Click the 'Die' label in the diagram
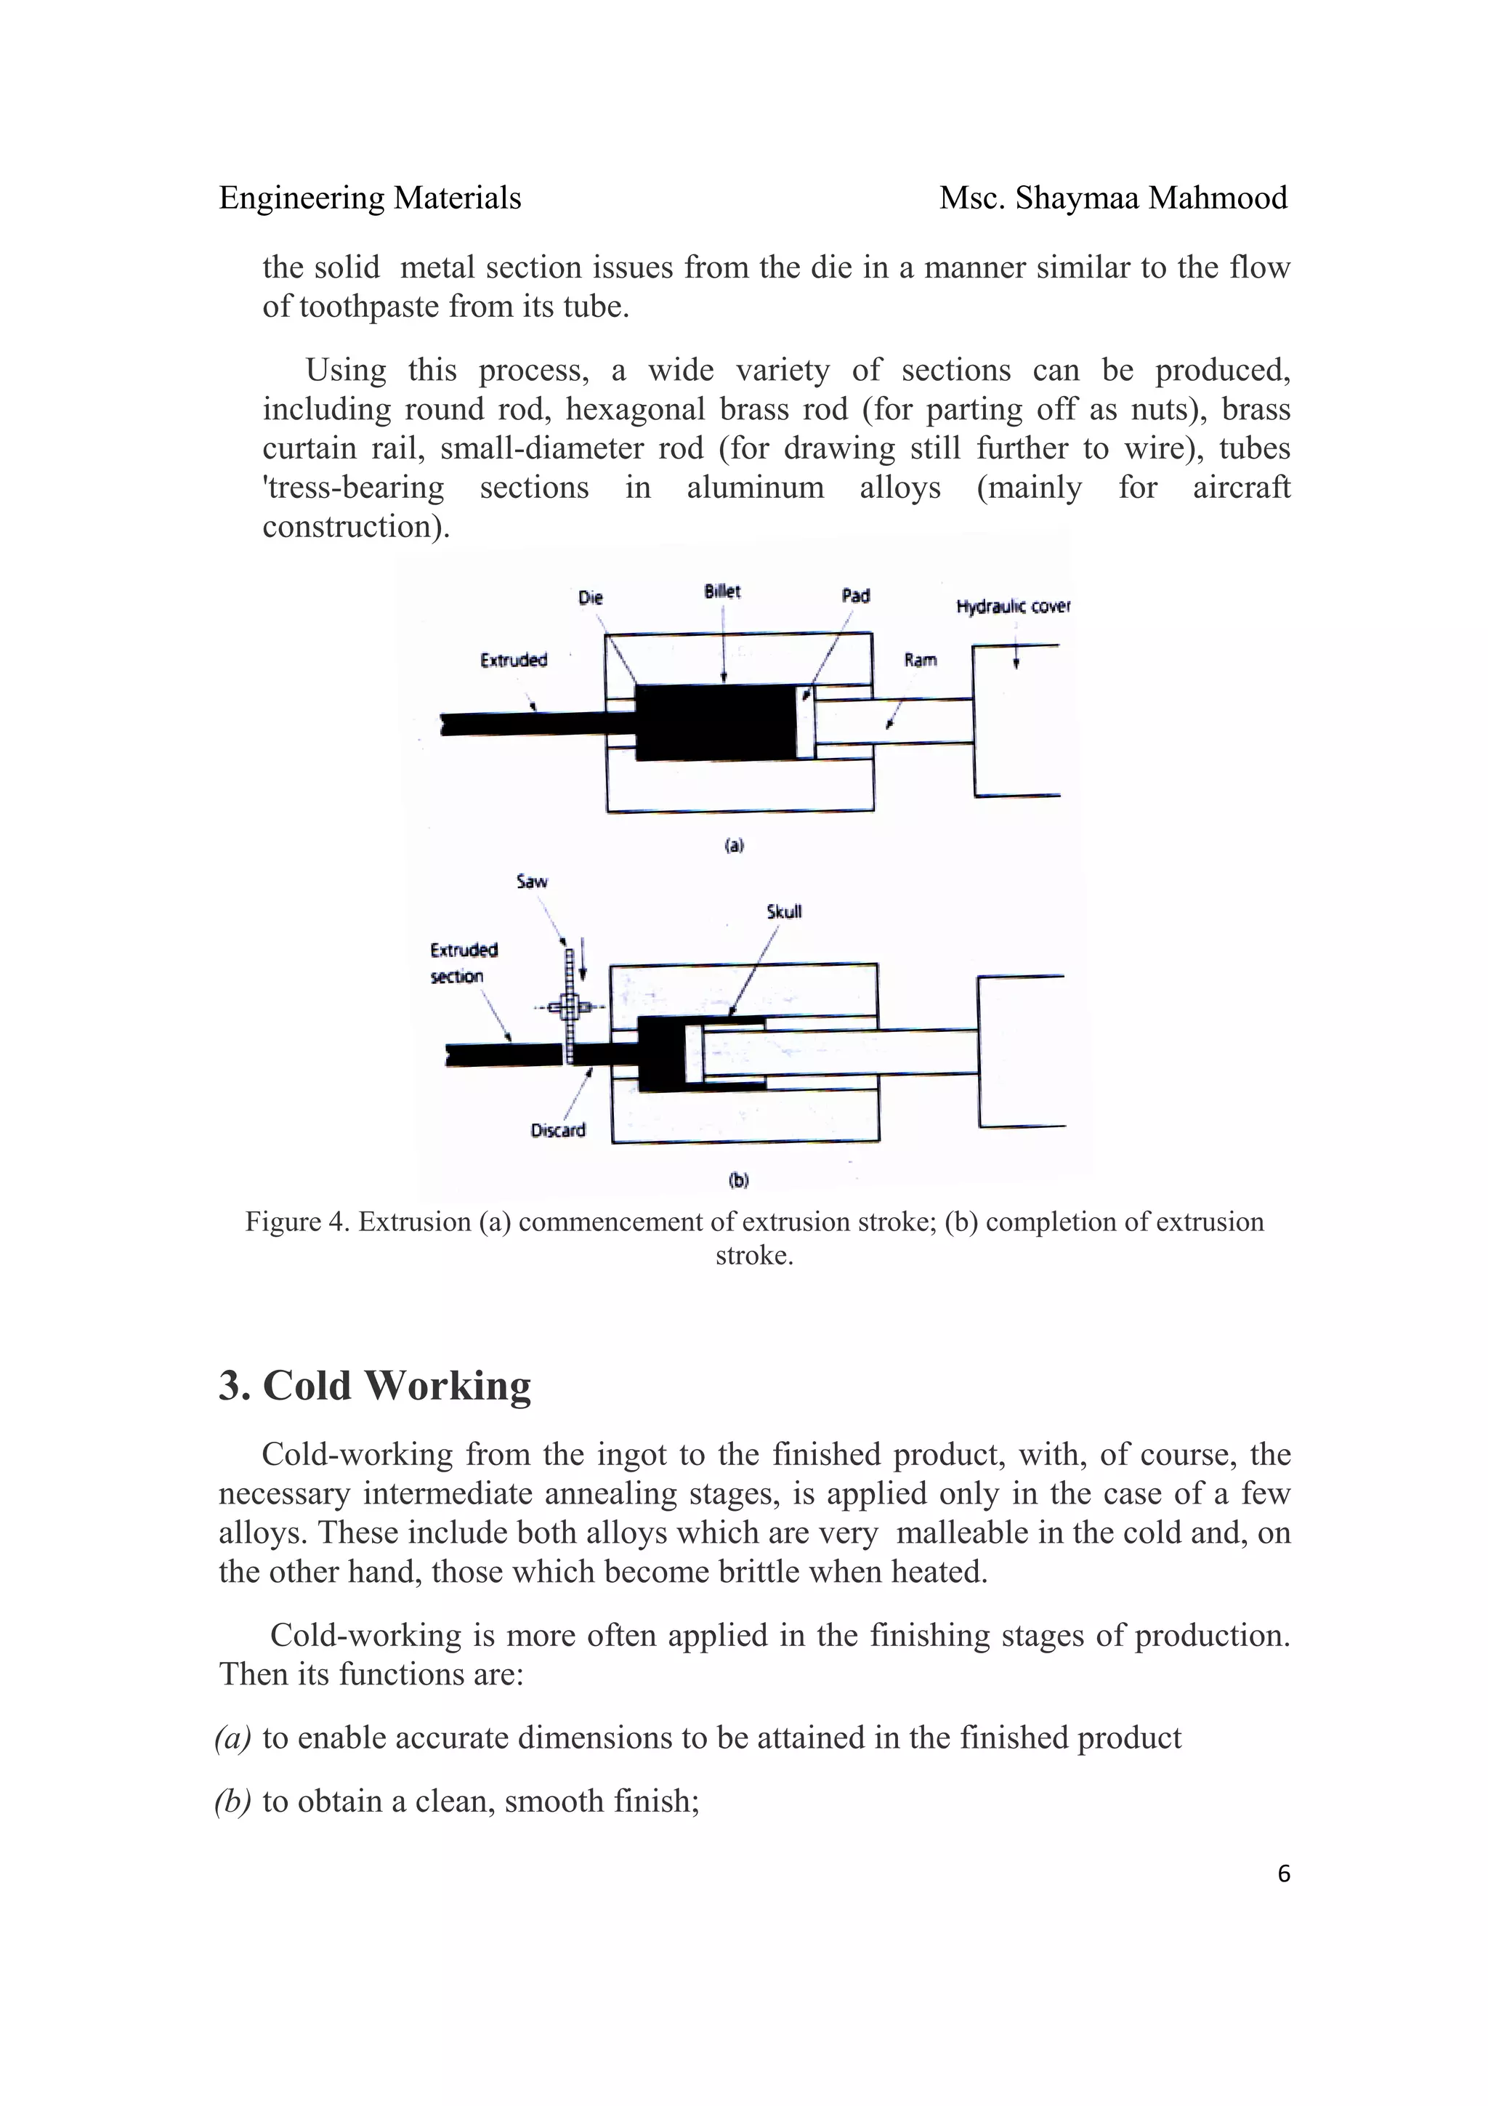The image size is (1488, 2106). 591,598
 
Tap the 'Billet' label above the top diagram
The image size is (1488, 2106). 722,592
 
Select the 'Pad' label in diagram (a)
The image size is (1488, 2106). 855,596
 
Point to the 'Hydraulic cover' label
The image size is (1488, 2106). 1013,606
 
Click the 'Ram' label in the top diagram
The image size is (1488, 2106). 921,660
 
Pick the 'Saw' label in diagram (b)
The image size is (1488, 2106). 532,881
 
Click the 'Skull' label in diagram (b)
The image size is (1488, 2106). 784,912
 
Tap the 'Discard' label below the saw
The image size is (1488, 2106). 557,1130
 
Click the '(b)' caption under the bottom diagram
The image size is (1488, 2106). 739,1179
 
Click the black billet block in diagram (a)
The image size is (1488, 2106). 715,722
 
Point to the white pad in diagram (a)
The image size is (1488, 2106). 805,722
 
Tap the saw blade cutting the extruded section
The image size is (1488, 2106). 570,1009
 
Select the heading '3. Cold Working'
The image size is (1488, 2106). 374,1385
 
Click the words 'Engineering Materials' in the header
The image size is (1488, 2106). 371,198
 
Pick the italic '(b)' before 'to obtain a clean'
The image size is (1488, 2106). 233,1802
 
